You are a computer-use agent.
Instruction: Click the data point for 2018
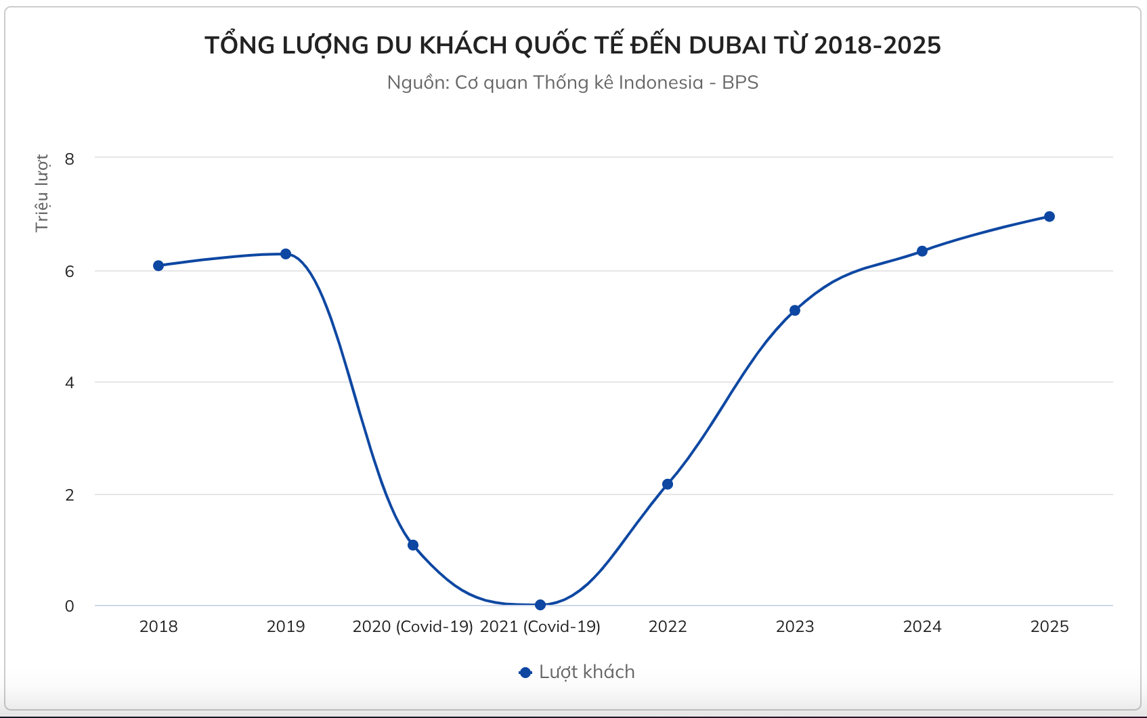point(158,266)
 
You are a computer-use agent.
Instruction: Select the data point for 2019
point(286,254)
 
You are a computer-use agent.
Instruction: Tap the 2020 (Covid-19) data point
point(413,545)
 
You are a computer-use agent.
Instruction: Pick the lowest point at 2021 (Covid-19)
point(540,605)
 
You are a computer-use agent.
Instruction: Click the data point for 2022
point(668,484)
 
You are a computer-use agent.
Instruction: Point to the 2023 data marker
point(795,310)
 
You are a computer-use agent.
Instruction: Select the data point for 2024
point(922,251)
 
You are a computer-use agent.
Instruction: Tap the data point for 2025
point(1049,217)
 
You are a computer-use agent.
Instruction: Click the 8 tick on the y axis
point(70,159)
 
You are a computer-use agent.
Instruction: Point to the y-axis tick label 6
point(70,272)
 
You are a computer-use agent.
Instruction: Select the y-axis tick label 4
point(70,383)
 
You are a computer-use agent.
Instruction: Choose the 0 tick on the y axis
point(70,606)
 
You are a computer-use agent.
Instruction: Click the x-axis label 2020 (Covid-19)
point(413,627)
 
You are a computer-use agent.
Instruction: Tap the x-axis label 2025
point(1049,627)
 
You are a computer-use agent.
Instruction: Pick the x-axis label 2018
point(158,627)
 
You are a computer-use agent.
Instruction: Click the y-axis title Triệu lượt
point(42,193)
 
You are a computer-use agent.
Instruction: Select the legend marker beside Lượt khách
point(525,673)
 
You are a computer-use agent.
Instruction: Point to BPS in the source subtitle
point(740,83)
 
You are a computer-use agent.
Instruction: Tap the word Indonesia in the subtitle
point(661,83)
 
